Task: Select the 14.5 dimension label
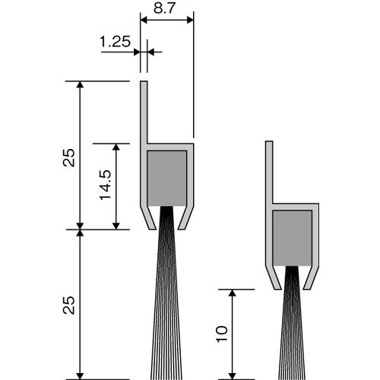(x=105, y=185)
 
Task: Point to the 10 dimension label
(x=221, y=334)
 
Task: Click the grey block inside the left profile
(x=167, y=177)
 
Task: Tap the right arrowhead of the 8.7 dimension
(x=189, y=21)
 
